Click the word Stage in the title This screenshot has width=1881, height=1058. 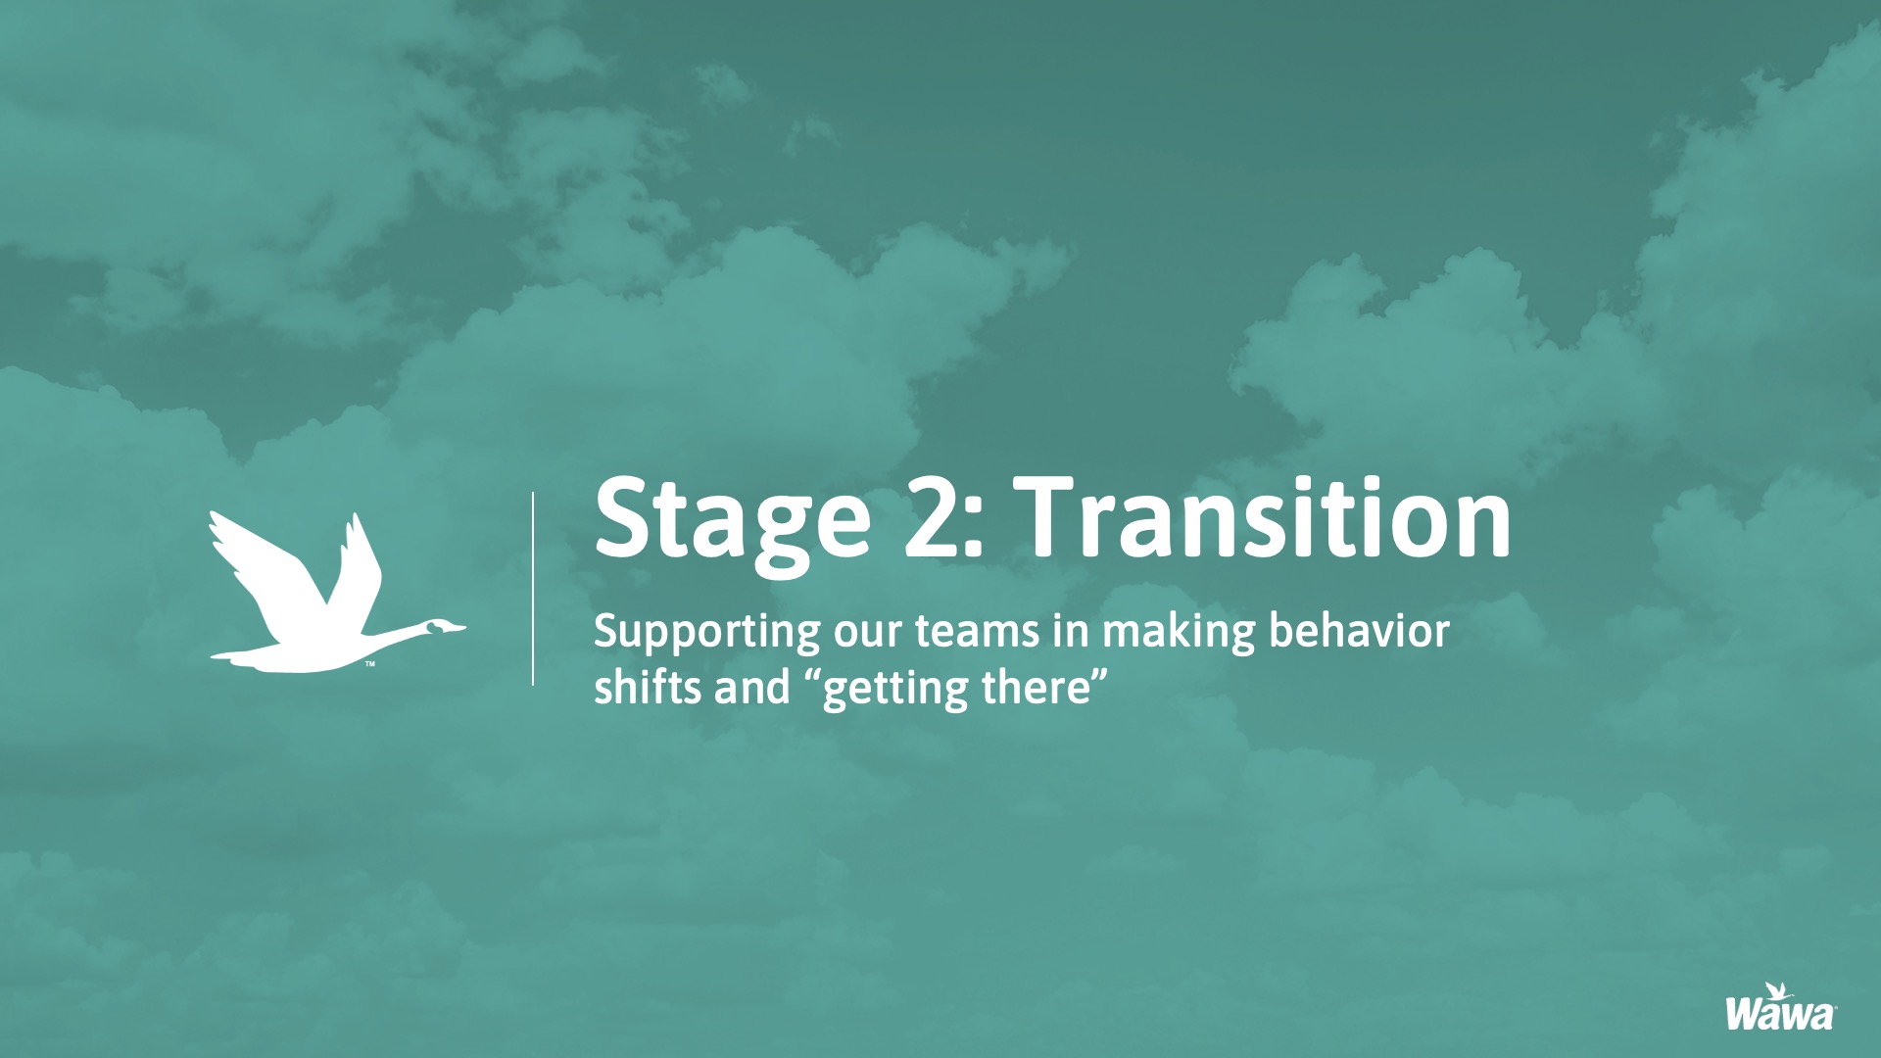pos(732,523)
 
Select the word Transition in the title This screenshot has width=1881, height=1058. pos(1264,516)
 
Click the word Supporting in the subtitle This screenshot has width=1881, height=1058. pos(706,634)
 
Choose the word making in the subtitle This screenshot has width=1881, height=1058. pos(1179,633)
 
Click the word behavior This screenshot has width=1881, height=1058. pos(1360,631)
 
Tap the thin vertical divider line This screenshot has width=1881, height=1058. pos(533,588)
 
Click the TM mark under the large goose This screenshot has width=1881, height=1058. pos(370,664)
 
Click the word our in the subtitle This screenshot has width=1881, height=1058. pos(867,636)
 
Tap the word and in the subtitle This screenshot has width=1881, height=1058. pos(751,686)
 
